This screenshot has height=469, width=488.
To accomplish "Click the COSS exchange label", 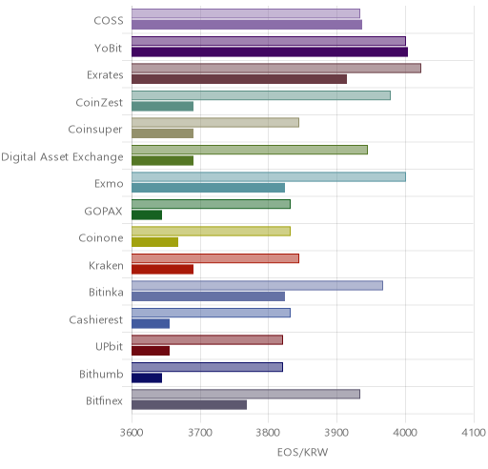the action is (109, 21).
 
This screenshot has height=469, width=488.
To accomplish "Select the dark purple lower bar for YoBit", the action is (270, 51).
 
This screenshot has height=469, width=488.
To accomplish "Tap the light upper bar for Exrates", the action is (276, 68).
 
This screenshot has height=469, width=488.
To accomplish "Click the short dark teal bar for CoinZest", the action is (163, 106).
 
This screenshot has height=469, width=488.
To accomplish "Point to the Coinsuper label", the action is (95, 130).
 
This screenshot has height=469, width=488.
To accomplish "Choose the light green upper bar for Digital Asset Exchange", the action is (250, 150).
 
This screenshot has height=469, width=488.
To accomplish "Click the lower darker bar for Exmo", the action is (209, 188).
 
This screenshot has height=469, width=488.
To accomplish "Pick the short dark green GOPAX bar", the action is (147, 214).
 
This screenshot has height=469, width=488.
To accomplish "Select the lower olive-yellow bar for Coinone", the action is (155, 242).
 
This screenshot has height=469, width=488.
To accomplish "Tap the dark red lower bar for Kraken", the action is (163, 270).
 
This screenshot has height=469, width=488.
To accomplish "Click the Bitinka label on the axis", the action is (106, 293).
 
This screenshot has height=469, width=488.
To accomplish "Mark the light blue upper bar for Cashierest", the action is (212, 313).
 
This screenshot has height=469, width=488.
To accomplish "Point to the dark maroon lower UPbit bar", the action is (151, 351).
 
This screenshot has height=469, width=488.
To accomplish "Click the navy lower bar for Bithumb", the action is (147, 378).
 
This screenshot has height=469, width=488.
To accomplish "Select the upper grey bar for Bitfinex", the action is (246, 394).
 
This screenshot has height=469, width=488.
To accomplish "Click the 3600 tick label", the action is (132, 433).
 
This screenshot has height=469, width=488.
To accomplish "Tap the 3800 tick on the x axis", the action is (268, 433).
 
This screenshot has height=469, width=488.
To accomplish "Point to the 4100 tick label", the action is (474, 433).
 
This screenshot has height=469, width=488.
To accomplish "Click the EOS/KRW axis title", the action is (302, 452).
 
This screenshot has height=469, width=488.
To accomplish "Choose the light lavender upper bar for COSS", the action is (246, 13).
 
